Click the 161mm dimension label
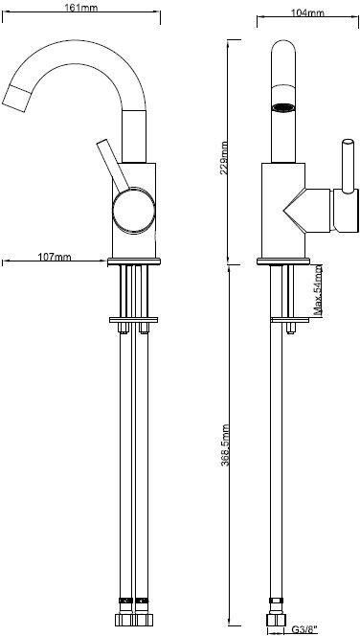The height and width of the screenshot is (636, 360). click(x=81, y=7)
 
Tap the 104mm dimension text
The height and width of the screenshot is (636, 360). click(x=307, y=12)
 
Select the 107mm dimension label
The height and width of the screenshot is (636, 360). click(x=55, y=257)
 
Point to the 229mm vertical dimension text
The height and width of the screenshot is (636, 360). click(x=223, y=157)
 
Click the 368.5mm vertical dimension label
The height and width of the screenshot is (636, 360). click(x=225, y=445)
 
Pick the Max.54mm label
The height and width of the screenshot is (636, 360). click(x=319, y=290)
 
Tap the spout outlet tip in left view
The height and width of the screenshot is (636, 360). click(x=17, y=98)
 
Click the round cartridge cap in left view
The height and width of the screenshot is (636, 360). click(x=134, y=211)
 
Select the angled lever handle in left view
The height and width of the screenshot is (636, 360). click(x=113, y=165)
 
